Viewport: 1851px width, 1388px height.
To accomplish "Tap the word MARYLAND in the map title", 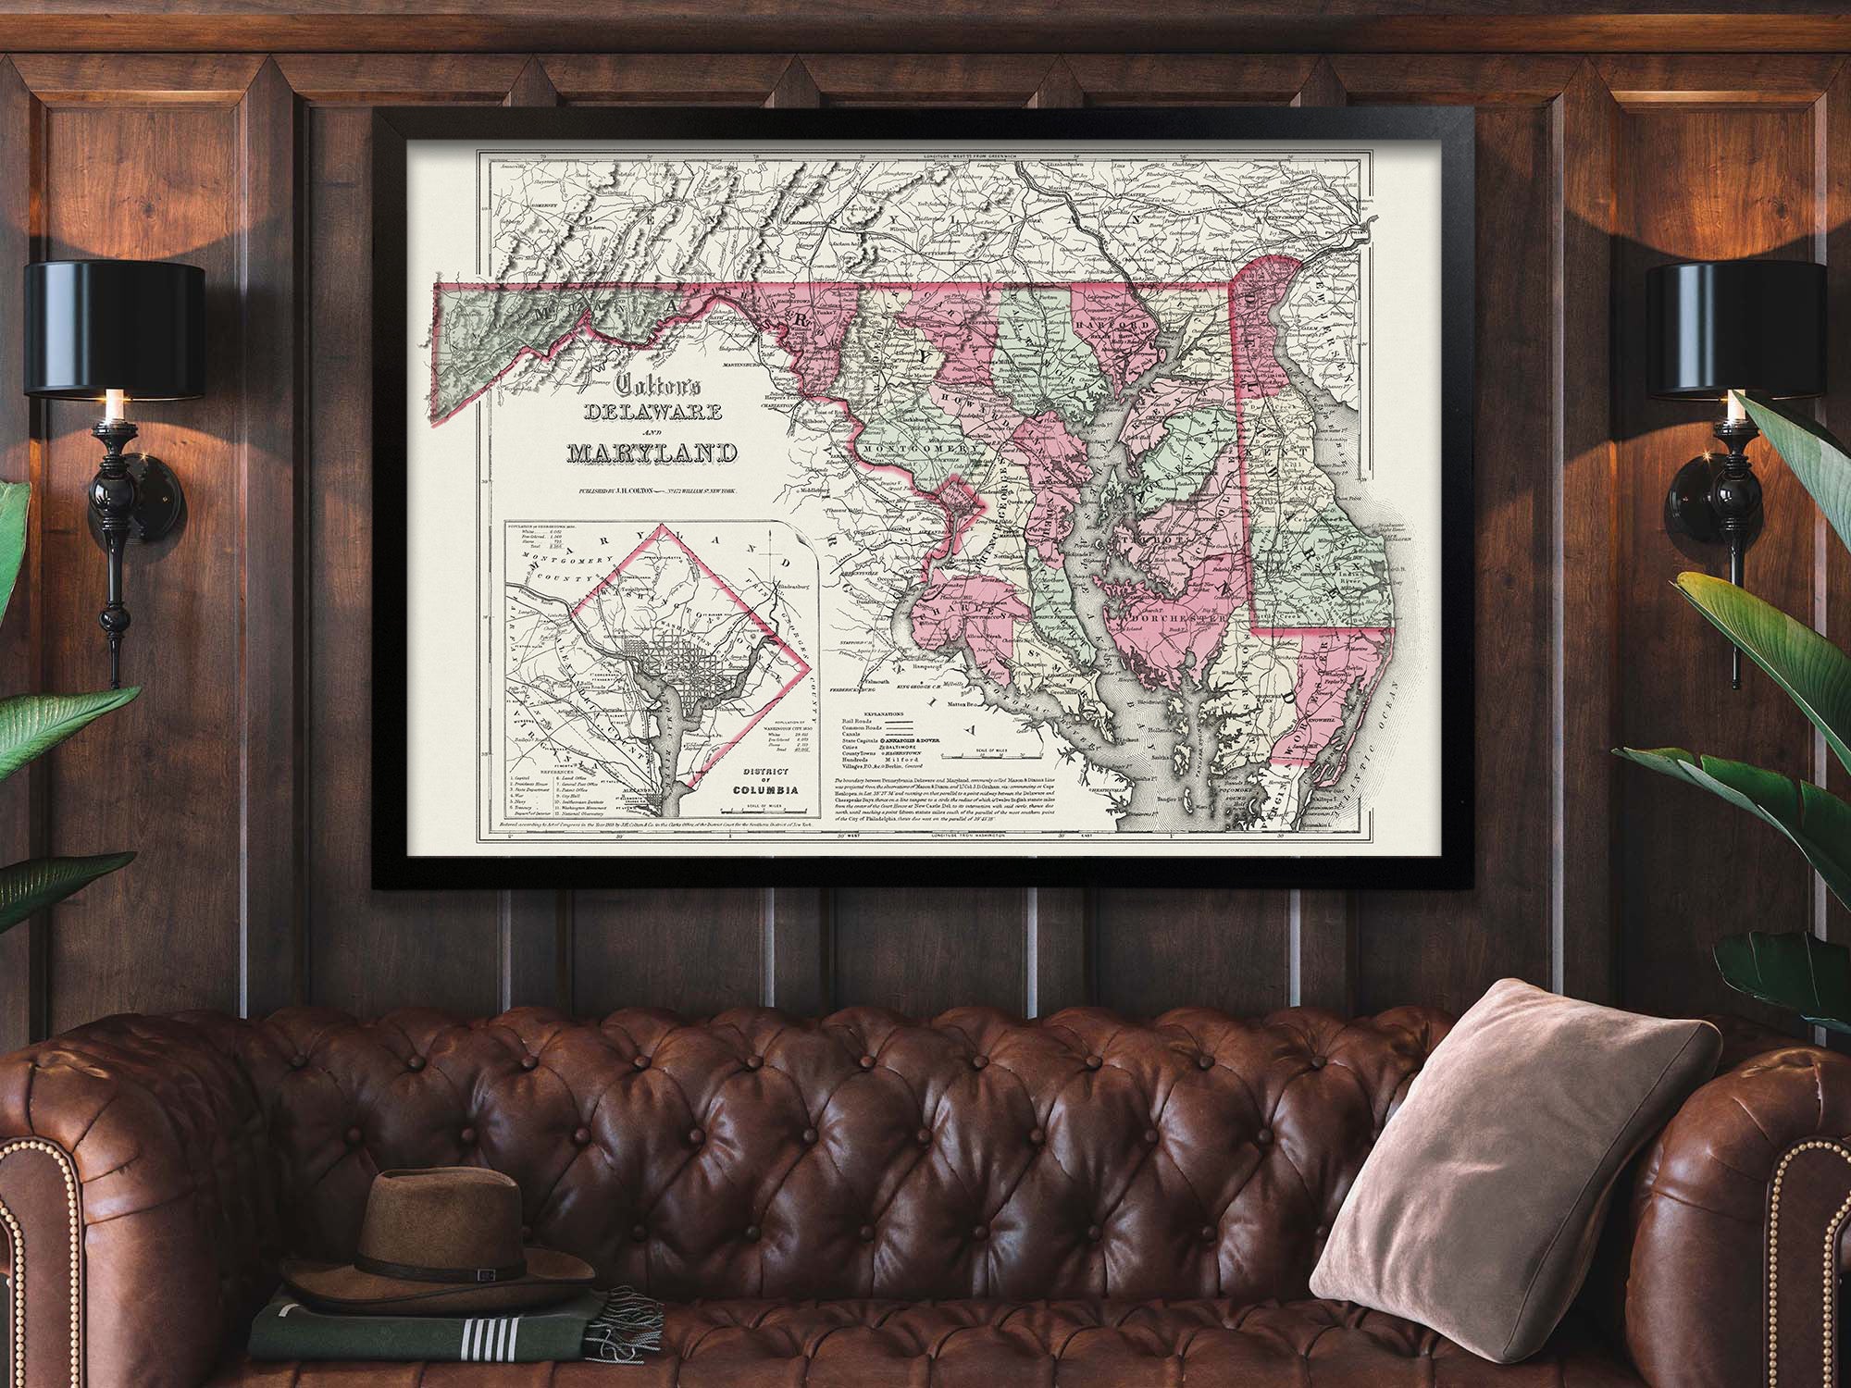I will pos(652,453).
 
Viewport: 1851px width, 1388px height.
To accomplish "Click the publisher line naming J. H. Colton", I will pos(652,490).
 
